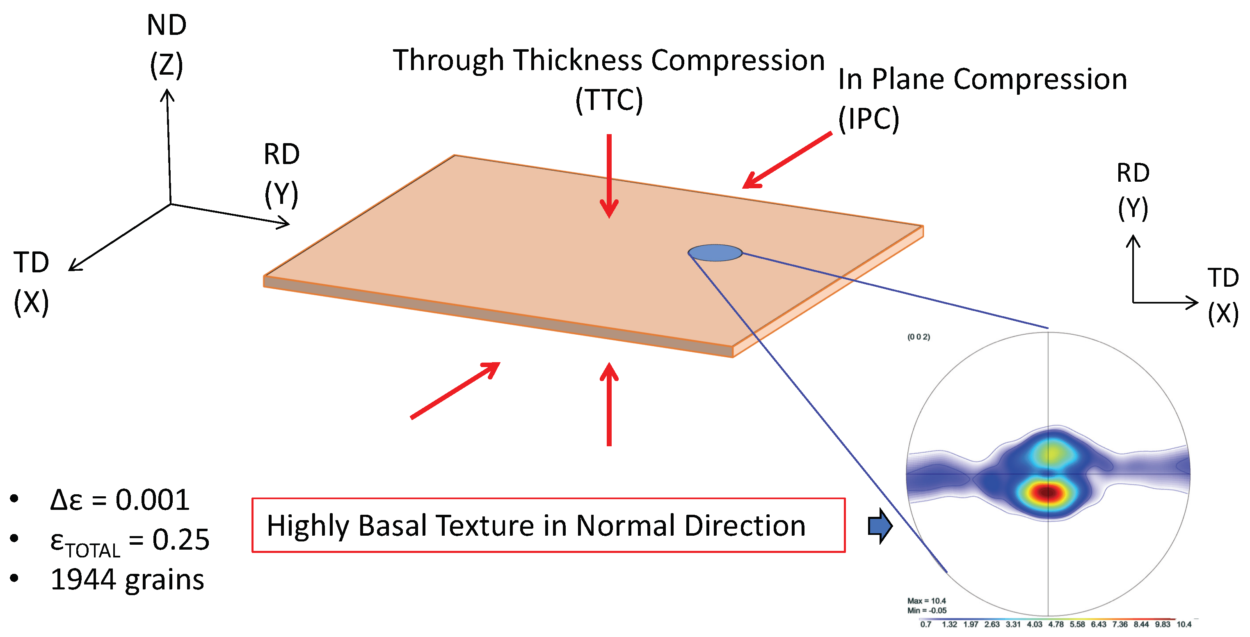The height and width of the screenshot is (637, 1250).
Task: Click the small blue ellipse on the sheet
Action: tap(715, 253)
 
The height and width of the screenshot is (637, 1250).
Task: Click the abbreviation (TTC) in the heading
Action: tap(609, 100)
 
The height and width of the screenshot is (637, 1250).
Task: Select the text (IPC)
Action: tap(868, 119)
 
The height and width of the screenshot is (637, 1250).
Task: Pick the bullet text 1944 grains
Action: tap(127, 580)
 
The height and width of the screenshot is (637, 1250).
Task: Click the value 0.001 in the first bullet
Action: tap(152, 500)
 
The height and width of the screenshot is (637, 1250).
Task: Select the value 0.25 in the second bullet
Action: tap(181, 539)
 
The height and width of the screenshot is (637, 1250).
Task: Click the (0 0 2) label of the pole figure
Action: tap(919, 337)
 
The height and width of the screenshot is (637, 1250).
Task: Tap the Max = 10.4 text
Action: tap(926, 600)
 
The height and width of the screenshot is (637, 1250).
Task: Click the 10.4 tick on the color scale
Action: tap(1184, 624)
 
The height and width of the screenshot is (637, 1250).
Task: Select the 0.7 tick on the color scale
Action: tap(926, 624)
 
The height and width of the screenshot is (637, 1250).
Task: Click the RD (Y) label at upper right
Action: tap(1133, 190)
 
